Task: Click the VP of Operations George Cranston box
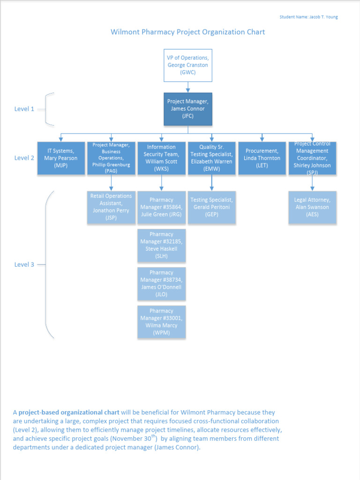coord(188,65)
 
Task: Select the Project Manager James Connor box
coord(188,109)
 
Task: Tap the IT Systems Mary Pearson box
coord(61,158)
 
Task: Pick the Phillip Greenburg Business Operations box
coord(111,158)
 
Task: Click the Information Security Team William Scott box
coord(161,158)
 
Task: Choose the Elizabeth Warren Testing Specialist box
coord(211,158)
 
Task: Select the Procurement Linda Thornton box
coord(262,158)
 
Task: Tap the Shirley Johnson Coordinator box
coord(312,158)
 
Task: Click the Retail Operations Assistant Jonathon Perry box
coord(111,207)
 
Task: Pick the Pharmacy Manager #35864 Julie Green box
coord(161,207)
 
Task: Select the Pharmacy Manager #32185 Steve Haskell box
coord(161,245)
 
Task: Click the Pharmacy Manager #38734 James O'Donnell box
coord(161,284)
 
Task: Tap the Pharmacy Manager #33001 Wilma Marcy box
coord(161,322)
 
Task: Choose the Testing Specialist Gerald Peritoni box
coord(211,207)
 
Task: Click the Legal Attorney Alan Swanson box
coord(312,207)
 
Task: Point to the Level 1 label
coord(24,109)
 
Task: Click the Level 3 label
coord(24,264)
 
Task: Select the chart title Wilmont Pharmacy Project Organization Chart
coord(187,32)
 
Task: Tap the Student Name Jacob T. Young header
coord(308,17)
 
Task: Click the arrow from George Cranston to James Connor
coord(188,87)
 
